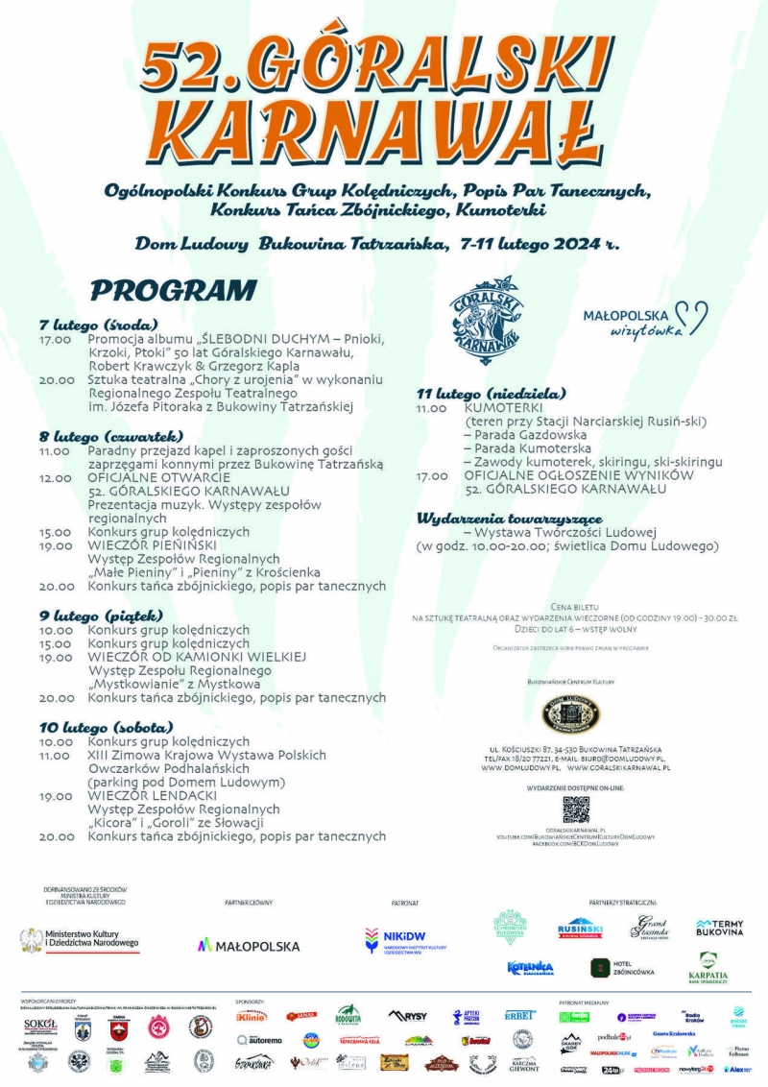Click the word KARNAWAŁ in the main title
[x=384, y=130]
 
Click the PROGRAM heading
[x=174, y=290]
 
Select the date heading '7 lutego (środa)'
[x=99, y=324]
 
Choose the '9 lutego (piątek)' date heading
[x=102, y=615]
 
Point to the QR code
[x=575, y=809]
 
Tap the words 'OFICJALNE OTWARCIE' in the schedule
[x=158, y=476]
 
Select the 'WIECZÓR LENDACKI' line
[x=147, y=795]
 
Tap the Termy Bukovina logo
[x=719, y=928]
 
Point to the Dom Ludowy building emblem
[x=572, y=714]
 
